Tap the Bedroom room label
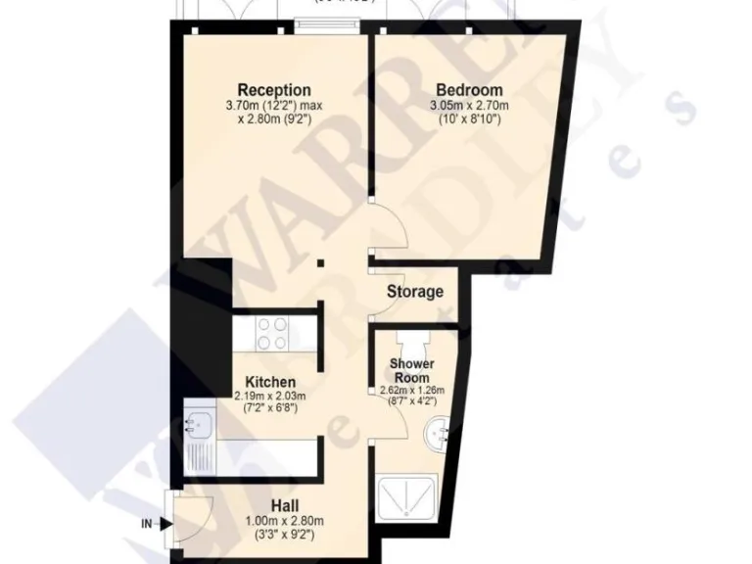pyautogui.click(x=469, y=91)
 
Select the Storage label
pyautogui.click(x=414, y=292)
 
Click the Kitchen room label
pyautogui.click(x=269, y=381)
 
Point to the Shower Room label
pyautogui.click(x=411, y=371)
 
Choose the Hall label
pyautogui.click(x=269, y=505)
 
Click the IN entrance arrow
pyautogui.click(x=148, y=524)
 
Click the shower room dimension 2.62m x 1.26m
pyautogui.click(x=411, y=390)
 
